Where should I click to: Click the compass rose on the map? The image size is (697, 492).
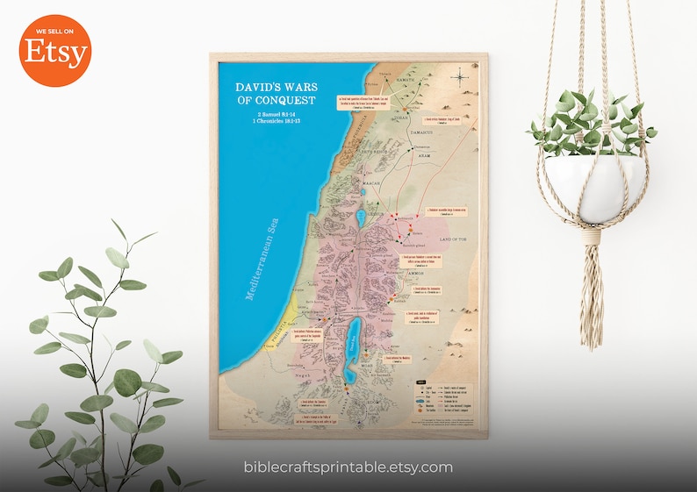(x=460, y=78)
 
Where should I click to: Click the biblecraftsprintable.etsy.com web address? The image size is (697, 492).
(x=348, y=467)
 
